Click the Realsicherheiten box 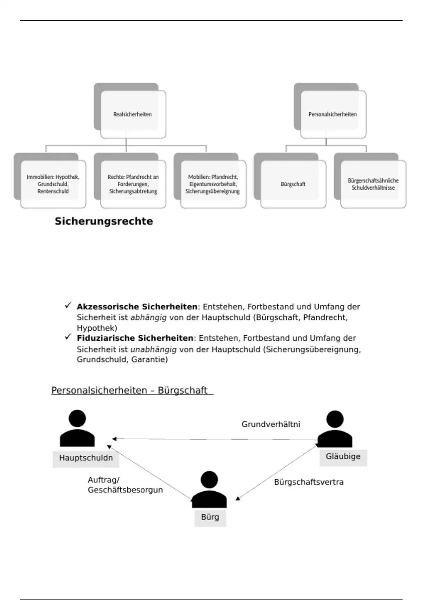(x=133, y=114)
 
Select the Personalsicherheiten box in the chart (x=332, y=114)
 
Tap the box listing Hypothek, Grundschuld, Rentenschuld (x=53, y=184)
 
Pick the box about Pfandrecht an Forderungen (x=133, y=184)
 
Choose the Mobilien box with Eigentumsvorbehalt (x=213, y=184)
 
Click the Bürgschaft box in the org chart (x=293, y=184)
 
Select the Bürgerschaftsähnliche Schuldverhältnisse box (x=373, y=184)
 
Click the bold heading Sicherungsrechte (x=104, y=221)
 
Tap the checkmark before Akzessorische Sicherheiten (x=68, y=306)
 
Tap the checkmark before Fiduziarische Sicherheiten (x=68, y=337)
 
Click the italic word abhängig (x=148, y=317)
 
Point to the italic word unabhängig (x=153, y=349)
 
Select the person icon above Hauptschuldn (x=77, y=428)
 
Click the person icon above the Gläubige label (x=335, y=428)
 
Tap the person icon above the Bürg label (x=209, y=489)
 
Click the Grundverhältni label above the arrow (x=271, y=424)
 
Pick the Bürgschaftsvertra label (x=308, y=482)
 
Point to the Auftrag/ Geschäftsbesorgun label (x=125, y=485)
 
